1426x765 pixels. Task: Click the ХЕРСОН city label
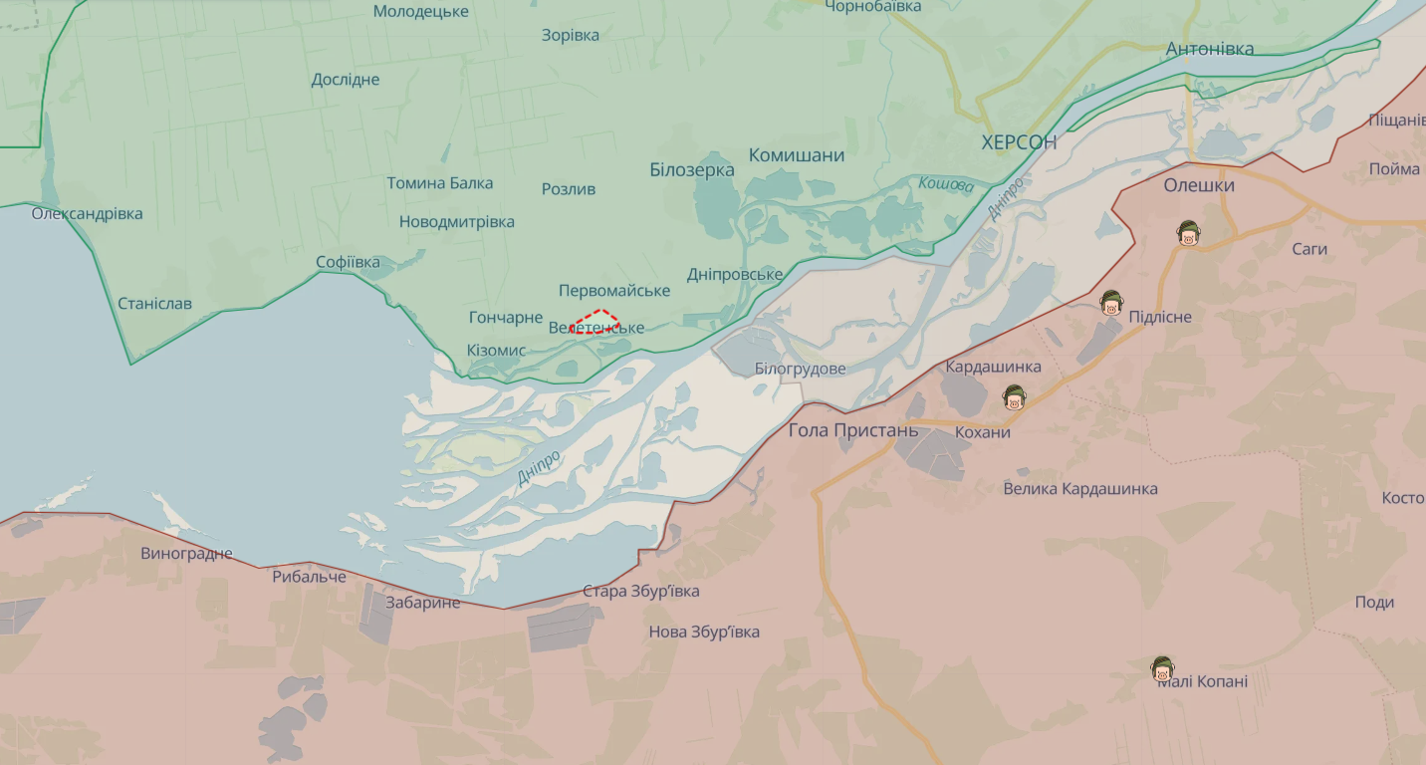(x=1019, y=142)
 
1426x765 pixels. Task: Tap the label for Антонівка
(x=1210, y=49)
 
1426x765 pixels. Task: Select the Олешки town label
(x=1199, y=185)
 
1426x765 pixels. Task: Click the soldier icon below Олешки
(x=1186, y=234)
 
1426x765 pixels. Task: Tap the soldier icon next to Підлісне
(x=1111, y=303)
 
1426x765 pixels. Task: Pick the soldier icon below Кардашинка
(x=1014, y=397)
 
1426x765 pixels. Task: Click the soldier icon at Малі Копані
(x=1161, y=670)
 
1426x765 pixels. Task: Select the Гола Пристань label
(x=853, y=430)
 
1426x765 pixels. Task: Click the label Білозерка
(x=692, y=170)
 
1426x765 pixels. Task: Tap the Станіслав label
(x=154, y=303)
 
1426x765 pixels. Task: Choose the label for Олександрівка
(x=87, y=213)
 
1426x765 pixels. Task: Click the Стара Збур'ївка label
(x=640, y=591)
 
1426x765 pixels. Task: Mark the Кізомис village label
(x=496, y=351)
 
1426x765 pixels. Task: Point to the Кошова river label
(x=946, y=184)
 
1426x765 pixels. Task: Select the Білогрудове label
(x=800, y=369)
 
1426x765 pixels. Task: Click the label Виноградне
(x=186, y=553)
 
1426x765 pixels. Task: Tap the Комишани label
(x=797, y=155)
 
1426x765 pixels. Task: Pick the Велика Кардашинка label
(x=1080, y=489)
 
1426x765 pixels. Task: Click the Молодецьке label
(x=421, y=12)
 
